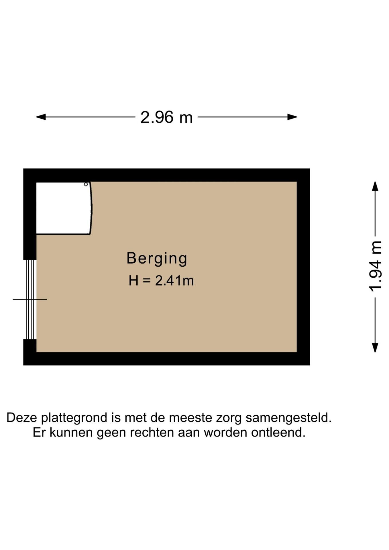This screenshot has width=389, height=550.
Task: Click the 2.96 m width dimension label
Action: coord(166,117)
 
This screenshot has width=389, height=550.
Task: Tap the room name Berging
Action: coord(157,259)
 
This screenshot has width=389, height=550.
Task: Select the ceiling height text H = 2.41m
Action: coord(161,280)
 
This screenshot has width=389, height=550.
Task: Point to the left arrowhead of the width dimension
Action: coord(41,117)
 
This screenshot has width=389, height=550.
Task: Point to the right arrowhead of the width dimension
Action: coord(292,117)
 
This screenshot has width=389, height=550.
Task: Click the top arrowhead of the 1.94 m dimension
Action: coord(375,186)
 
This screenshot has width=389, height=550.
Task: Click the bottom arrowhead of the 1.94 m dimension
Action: coord(375,347)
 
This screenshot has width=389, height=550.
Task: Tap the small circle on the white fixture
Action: coord(86,184)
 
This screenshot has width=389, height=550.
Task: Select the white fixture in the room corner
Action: coord(64,208)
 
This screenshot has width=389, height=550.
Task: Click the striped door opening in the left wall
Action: coord(30,299)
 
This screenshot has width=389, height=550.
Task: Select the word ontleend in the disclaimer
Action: coord(278,432)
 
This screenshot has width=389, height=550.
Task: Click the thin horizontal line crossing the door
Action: coord(30,300)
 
